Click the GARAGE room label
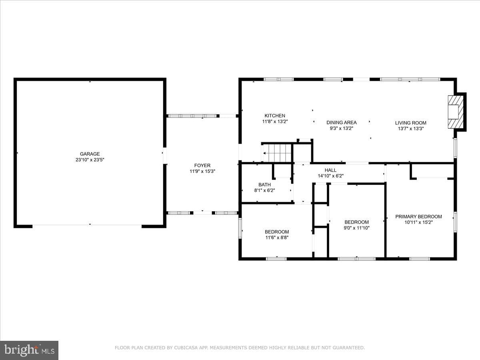click(90, 154)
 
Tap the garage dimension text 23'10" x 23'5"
click(90, 160)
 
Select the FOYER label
click(202, 166)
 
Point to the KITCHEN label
click(275, 116)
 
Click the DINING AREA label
click(342, 122)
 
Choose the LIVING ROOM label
click(411, 123)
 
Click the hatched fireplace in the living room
click(456, 112)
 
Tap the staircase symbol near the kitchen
click(276, 153)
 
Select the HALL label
click(330, 170)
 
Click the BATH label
click(265, 185)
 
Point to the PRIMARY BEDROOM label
click(418, 217)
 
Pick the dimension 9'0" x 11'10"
click(357, 228)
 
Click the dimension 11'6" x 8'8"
click(277, 238)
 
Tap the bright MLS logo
click(29, 350)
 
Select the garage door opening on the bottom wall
click(87, 225)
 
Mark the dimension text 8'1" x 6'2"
click(265, 190)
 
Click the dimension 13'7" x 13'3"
click(411, 128)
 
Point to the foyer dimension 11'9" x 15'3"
click(202, 171)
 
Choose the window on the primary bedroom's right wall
click(455, 222)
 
